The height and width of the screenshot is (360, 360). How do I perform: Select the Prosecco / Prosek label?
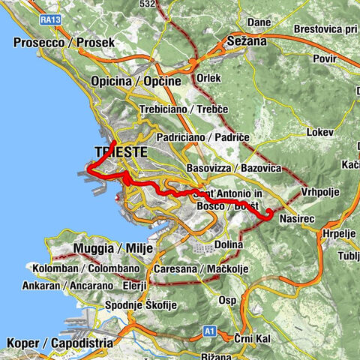(64, 43)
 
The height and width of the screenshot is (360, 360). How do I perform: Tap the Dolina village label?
(229, 244)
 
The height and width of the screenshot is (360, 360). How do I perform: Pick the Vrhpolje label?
(320, 192)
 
